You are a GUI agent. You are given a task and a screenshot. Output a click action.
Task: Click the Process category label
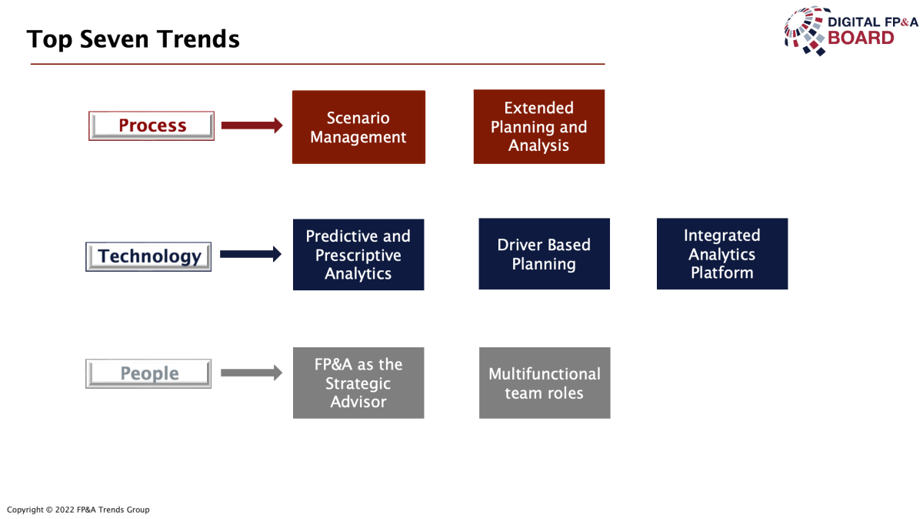coord(152,126)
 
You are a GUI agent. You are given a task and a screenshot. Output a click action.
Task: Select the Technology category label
coord(148,256)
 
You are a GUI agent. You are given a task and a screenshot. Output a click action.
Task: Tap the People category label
coord(148,373)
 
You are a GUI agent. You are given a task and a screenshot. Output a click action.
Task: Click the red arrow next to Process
coord(252,126)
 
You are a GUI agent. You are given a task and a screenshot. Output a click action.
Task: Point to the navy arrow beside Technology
coord(251,254)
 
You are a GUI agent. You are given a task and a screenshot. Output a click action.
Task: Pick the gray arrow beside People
coord(252,373)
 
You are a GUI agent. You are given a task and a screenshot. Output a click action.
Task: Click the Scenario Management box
coord(358,127)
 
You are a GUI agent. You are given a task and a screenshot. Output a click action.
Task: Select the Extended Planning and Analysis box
coord(539,126)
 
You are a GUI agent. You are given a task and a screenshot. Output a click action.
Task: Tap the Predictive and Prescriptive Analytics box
coord(358,255)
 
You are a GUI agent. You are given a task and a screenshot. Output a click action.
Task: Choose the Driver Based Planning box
coord(545,253)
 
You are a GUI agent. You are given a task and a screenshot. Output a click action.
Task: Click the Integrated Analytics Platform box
coord(722,253)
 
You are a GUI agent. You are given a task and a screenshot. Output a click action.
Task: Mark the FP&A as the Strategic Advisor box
coord(358,383)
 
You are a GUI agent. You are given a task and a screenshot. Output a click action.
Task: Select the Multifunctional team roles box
coord(545,383)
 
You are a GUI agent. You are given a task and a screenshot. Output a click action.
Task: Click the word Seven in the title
coord(114,39)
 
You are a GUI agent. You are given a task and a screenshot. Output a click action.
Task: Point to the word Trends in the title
coord(198,39)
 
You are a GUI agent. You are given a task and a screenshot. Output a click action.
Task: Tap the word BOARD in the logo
coord(861,38)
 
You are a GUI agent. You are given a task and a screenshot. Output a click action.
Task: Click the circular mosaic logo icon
coord(805,31)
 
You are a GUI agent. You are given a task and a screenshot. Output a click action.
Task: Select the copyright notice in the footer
coord(78,510)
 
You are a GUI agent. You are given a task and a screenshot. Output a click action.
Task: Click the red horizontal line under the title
coord(318,64)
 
